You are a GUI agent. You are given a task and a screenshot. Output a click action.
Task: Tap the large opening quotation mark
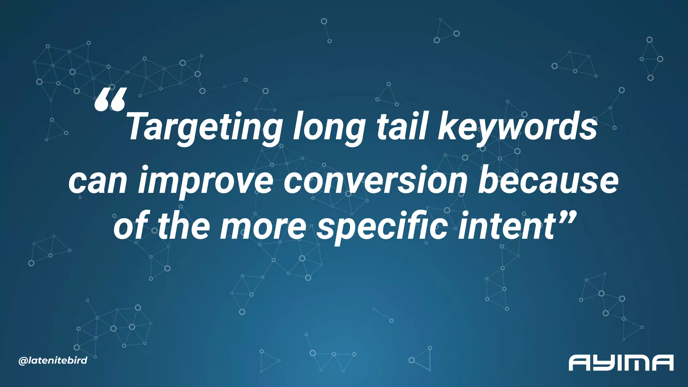pos(111,100)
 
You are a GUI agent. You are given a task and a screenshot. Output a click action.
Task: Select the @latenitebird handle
pos(53,361)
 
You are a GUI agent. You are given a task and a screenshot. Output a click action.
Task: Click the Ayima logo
pos(621,362)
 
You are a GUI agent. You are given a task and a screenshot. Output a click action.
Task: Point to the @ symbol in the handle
pos(23,361)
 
